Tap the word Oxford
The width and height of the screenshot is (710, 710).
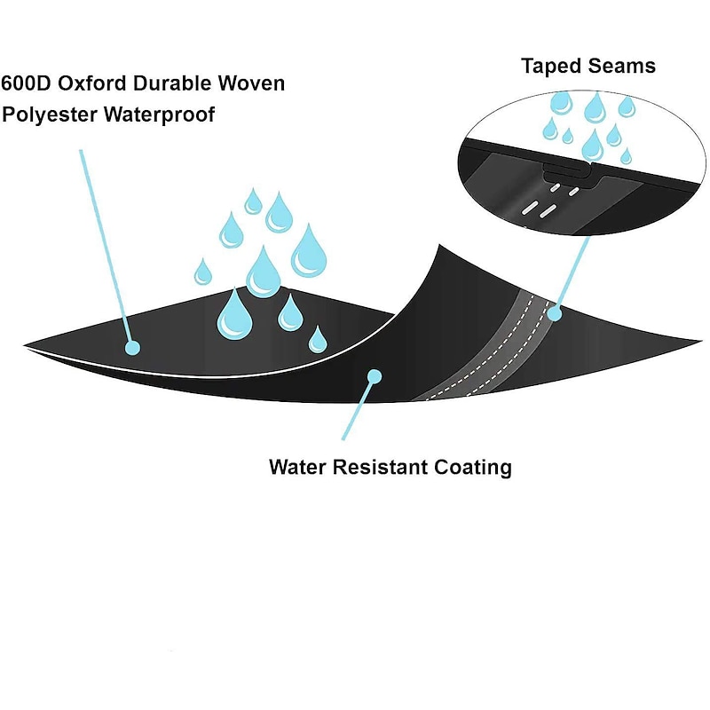click(95, 84)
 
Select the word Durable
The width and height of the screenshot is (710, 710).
click(177, 84)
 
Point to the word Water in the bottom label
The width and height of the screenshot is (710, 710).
click(300, 467)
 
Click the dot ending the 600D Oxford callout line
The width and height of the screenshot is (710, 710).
click(132, 348)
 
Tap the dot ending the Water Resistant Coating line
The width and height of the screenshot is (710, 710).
click(374, 376)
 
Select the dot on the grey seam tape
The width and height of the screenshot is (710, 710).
click(555, 312)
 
